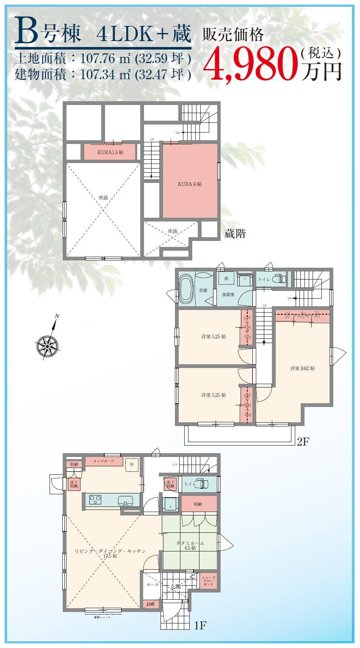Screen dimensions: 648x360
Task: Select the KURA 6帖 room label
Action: [189, 184]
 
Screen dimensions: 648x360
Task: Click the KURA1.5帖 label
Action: [110, 152]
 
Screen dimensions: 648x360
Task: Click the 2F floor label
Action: [304, 442]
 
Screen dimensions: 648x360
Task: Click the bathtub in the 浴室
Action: [186, 289]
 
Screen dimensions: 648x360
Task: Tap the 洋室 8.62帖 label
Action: [302, 368]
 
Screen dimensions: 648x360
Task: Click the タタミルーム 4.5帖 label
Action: [190, 545]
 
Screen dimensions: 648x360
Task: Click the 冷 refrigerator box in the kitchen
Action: [132, 465]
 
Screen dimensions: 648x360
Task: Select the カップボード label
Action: [103, 461]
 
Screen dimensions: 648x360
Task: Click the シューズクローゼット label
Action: [208, 581]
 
